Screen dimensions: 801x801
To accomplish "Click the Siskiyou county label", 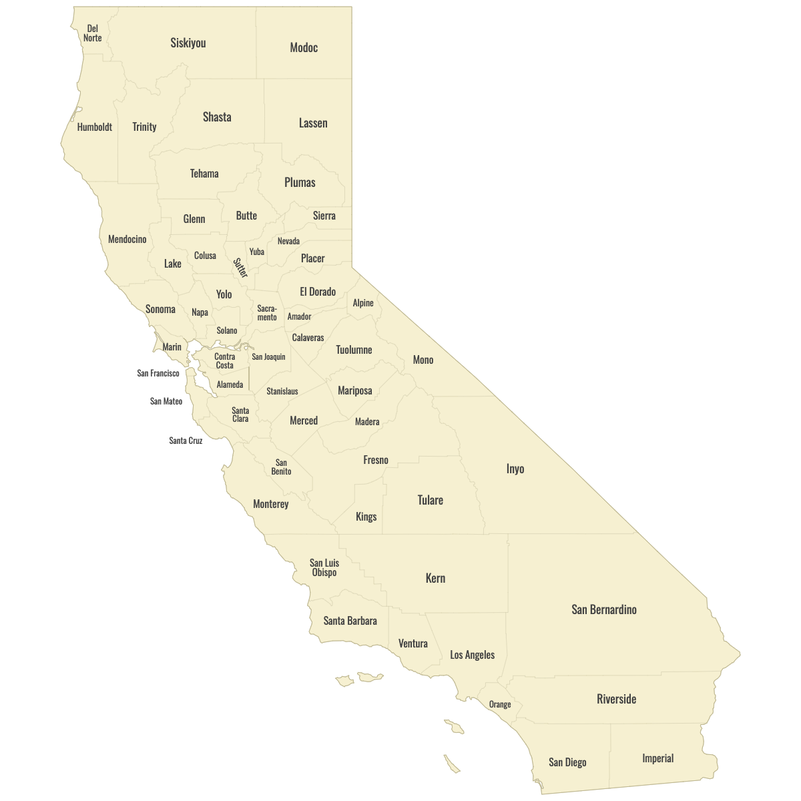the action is tap(188, 43).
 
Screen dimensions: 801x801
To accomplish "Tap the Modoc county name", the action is tap(304, 47).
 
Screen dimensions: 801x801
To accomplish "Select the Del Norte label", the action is tap(93, 33).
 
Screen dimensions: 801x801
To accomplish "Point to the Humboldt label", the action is tap(95, 127).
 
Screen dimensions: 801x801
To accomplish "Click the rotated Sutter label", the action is tap(240, 268).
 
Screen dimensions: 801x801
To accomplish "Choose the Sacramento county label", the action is tap(267, 312).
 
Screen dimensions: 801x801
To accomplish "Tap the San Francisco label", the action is tap(158, 373).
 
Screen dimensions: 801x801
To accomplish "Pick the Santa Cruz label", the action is tap(186, 441).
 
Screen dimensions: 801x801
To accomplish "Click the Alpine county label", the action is tap(363, 303).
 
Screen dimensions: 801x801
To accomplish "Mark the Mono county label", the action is tap(423, 360).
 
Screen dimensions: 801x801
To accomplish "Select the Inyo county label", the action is tap(515, 469).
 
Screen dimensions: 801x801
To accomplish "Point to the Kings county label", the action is tap(366, 517).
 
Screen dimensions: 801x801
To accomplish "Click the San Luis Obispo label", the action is tap(324, 567).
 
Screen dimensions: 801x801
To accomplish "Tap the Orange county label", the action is tap(500, 704).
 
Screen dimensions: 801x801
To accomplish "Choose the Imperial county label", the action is tap(658, 758).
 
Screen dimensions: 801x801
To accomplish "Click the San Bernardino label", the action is tap(604, 609).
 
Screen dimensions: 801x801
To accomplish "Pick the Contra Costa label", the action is tap(225, 361).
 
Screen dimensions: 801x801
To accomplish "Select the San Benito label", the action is tap(282, 467).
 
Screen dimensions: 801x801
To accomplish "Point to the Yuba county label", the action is tap(257, 252).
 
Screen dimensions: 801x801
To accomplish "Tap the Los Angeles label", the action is tap(473, 655).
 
